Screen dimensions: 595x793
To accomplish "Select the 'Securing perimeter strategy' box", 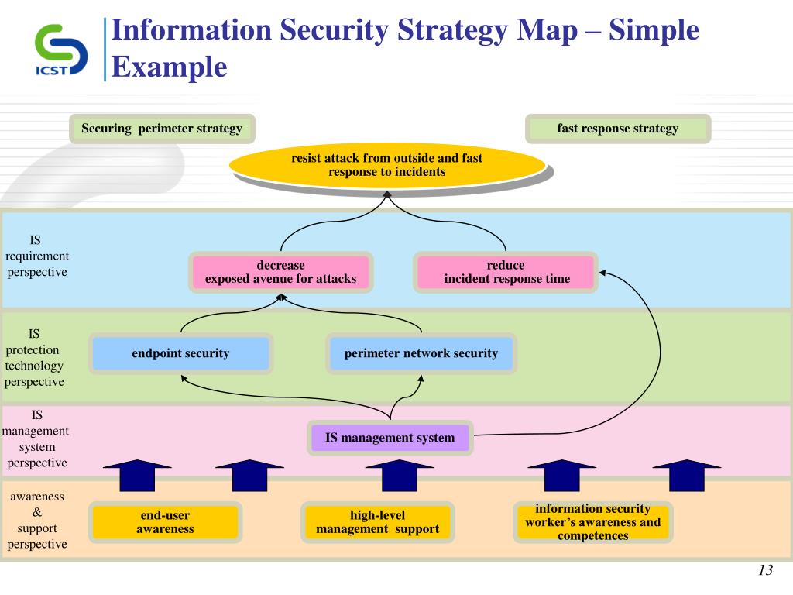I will (162, 129).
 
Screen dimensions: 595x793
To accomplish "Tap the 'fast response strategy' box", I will (617, 129).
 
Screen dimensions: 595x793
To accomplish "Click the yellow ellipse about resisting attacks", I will (386, 165).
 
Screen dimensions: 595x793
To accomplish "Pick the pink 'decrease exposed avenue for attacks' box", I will (280, 272).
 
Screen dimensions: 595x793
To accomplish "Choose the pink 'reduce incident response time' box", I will (506, 272).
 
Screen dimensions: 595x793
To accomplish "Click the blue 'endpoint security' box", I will (180, 353).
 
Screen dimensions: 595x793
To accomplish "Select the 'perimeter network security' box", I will (421, 353).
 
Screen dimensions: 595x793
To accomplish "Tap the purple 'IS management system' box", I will (390, 438).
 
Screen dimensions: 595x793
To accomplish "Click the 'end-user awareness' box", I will (165, 522).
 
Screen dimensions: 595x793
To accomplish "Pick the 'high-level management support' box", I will (377, 522).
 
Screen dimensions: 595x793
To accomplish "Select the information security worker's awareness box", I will (592, 522).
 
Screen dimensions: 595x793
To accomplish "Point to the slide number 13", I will (765, 571).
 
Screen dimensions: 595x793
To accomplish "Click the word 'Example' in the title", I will (169, 67).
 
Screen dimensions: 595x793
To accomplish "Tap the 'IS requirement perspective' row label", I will (36, 256).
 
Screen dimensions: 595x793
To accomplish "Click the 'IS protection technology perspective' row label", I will (35, 357).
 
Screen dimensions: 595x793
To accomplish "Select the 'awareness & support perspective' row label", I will (36, 520).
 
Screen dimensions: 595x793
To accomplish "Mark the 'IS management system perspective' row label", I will (36, 439).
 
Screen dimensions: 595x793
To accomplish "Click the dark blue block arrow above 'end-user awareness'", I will (137, 475).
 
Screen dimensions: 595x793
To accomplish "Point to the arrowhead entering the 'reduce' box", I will (603, 272).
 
